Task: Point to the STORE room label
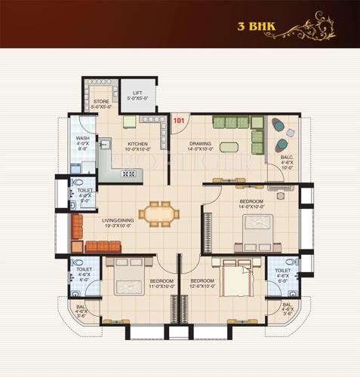coord(102,101)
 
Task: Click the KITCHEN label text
coord(137,143)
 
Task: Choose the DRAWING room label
coord(200,143)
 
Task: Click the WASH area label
coord(83,139)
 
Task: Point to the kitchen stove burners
coord(128,174)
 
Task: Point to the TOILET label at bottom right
coord(283,270)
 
